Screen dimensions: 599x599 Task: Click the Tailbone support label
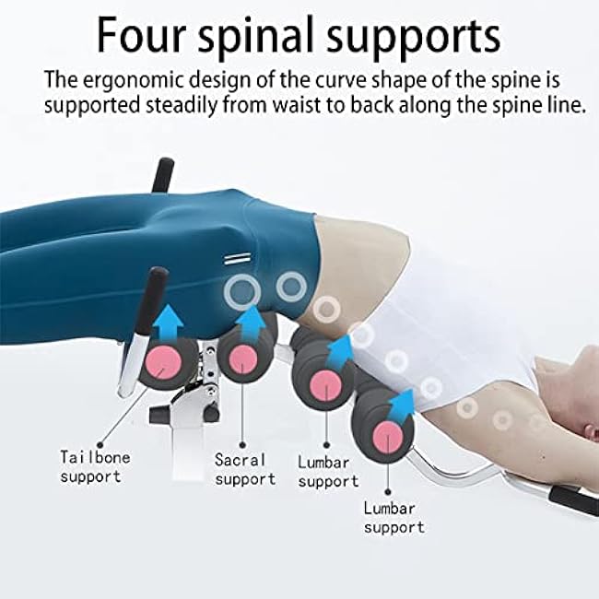[95, 466]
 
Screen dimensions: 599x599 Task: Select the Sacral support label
[244, 468]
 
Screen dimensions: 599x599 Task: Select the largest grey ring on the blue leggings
[241, 294]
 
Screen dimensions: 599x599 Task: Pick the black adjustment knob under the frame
[212, 414]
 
